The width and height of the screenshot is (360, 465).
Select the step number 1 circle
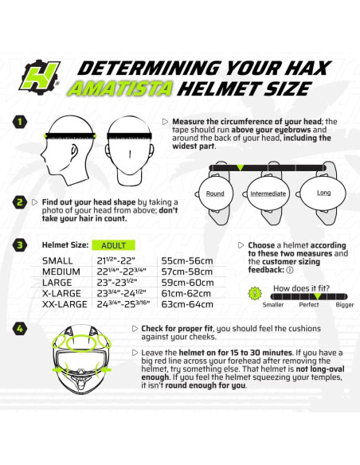click(x=20, y=123)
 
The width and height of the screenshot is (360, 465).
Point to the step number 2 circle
click(x=20, y=202)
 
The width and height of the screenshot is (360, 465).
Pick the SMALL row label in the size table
click(x=57, y=260)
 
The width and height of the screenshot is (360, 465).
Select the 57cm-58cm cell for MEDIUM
click(x=187, y=271)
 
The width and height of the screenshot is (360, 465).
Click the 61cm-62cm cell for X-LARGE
click(x=187, y=292)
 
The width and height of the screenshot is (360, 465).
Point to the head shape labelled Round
click(x=215, y=193)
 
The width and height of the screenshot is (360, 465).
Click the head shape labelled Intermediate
click(x=268, y=193)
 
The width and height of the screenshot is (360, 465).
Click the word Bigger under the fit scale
click(x=344, y=304)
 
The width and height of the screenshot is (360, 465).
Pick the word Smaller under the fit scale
click(x=272, y=304)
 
